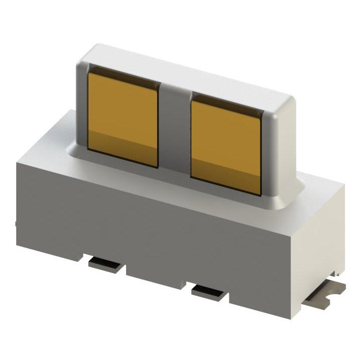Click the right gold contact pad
click(x=226, y=138)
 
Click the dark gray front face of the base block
click(x=151, y=236)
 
